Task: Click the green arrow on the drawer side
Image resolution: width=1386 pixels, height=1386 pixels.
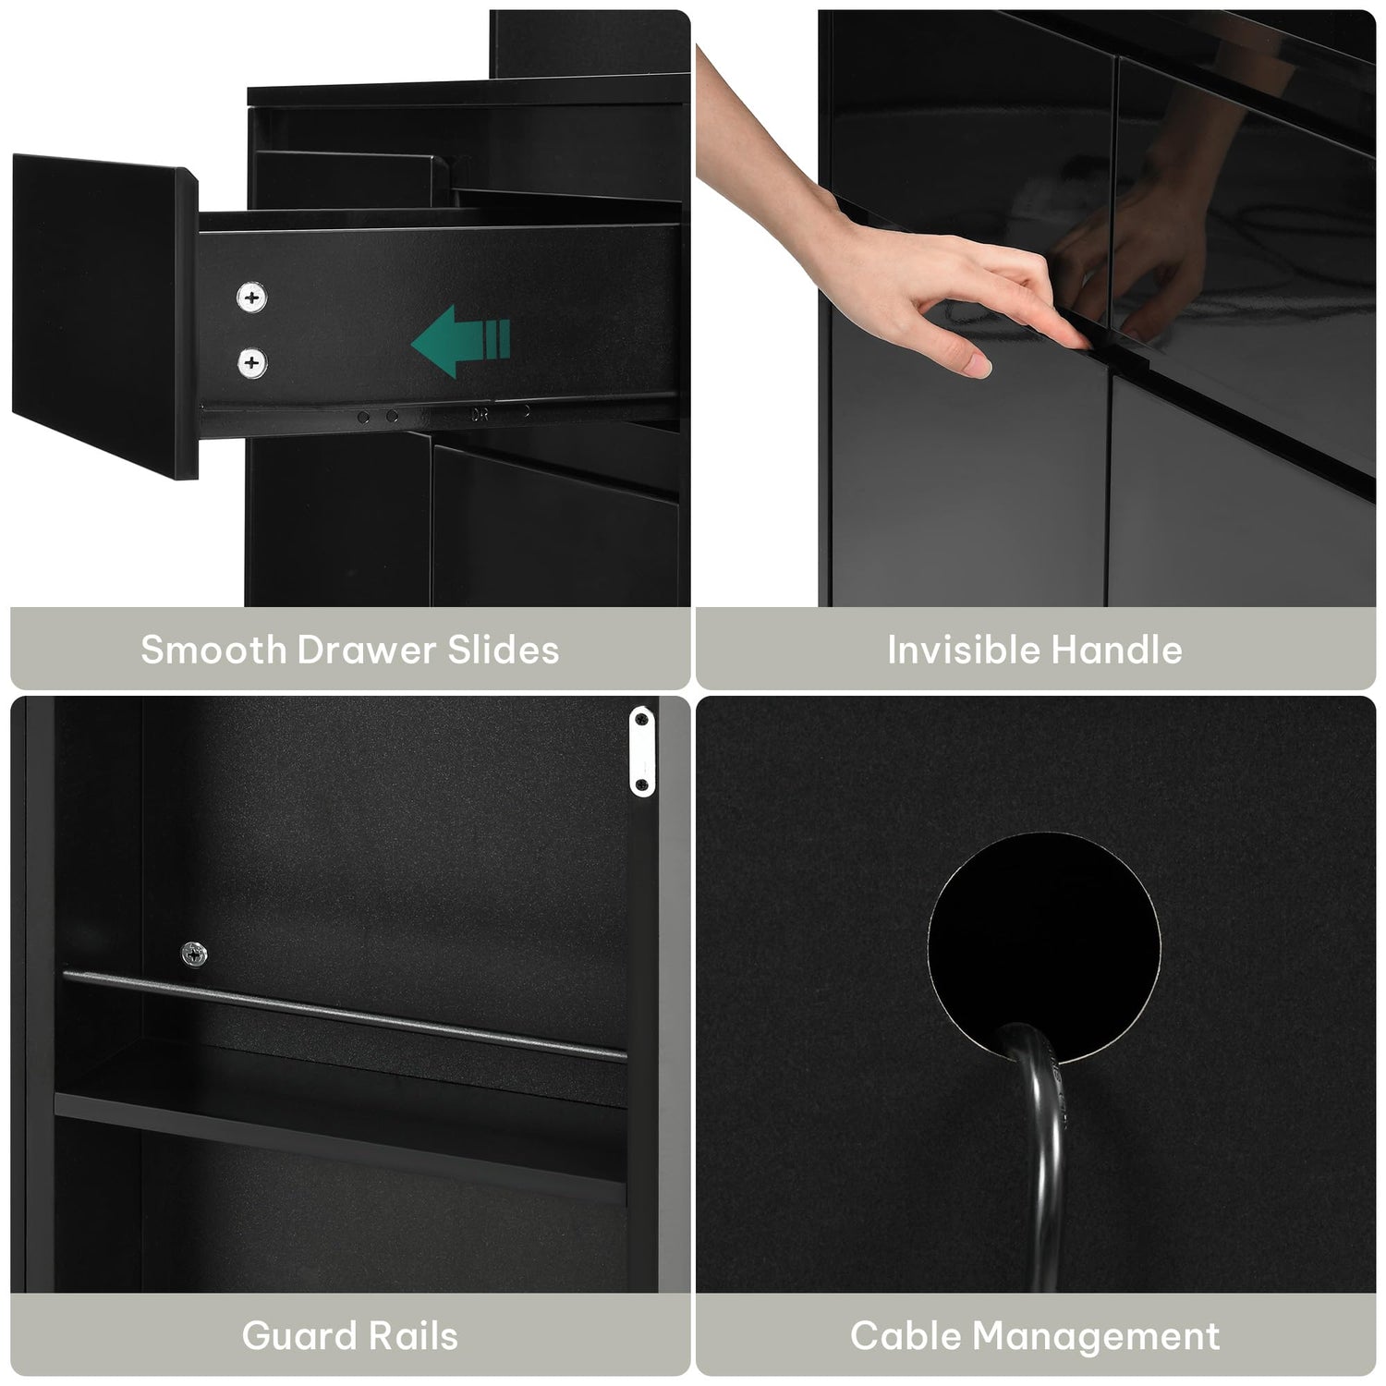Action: point(459,341)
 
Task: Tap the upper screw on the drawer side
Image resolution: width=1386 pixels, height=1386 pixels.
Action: point(250,298)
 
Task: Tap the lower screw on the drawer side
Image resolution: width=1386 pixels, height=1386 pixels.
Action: point(250,362)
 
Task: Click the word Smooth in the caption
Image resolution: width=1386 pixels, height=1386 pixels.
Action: point(213,650)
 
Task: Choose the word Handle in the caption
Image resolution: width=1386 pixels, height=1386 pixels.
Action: point(1105,650)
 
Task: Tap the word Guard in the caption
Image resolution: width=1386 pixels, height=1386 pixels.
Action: point(298,1336)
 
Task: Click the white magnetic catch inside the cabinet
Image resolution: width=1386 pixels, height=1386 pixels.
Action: point(641,750)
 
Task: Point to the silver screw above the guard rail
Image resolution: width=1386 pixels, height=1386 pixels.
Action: point(194,953)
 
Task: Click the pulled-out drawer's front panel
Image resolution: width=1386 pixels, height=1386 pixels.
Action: point(103,319)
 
